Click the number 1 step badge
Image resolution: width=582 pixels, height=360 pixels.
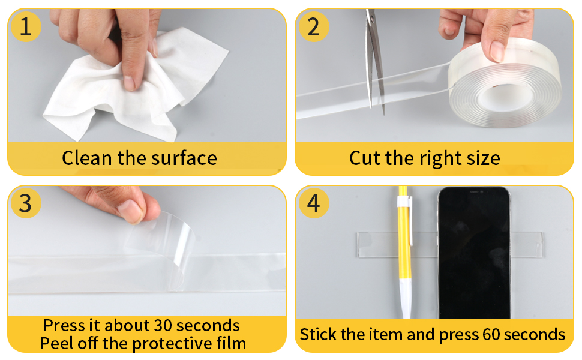pos(26,27)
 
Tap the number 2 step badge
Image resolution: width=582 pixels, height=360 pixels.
pos(313,27)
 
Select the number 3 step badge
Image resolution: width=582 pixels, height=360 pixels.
pos(26,203)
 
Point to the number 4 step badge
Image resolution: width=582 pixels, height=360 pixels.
pos(313,203)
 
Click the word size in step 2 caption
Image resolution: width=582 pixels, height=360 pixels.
pos(480,158)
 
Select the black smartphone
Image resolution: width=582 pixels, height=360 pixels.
pos(473,252)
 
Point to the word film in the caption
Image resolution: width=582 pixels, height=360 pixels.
pos(228,343)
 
